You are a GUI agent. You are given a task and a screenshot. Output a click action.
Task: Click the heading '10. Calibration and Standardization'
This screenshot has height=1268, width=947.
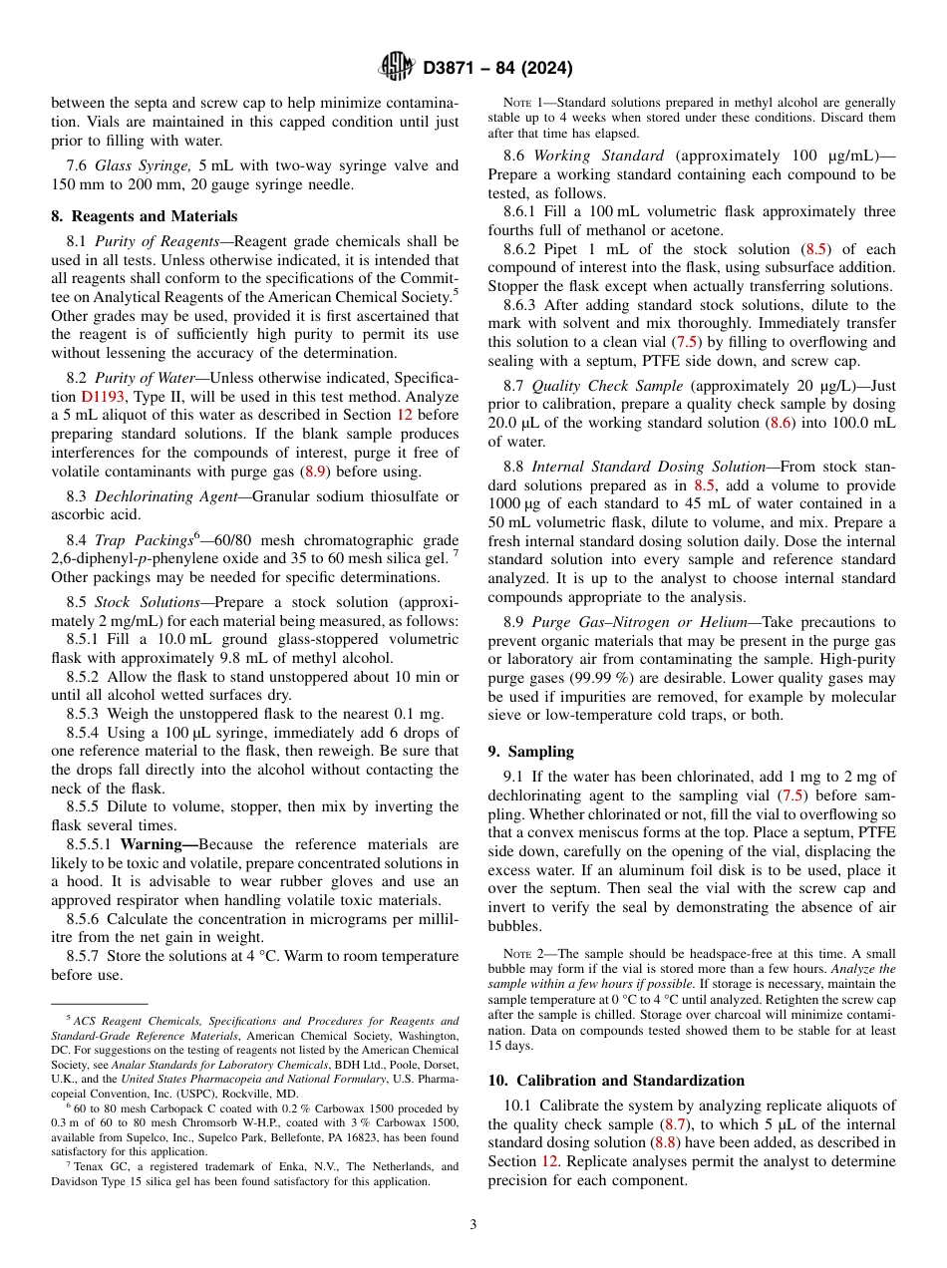(x=616, y=1080)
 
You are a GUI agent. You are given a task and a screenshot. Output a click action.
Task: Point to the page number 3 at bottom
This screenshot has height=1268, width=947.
(x=473, y=1224)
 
